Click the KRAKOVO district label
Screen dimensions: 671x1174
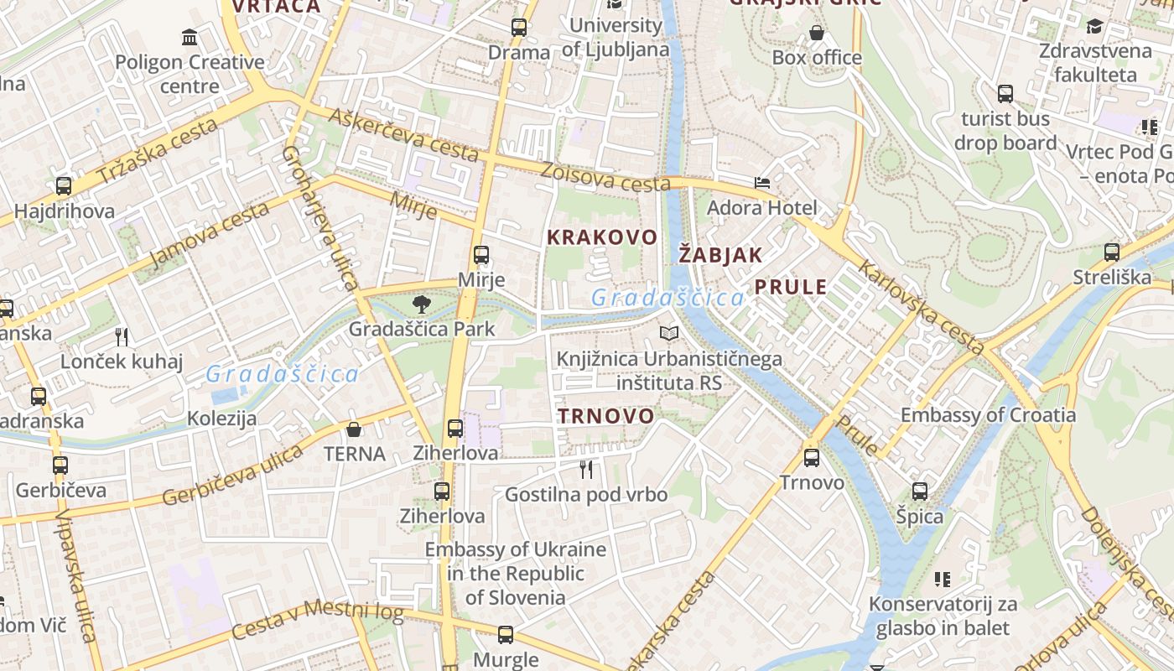[x=602, y=237]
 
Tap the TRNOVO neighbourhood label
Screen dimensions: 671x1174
[x=606, y=416]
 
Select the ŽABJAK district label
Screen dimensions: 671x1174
[x=720, y=255]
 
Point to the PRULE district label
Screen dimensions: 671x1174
[x=791, y=287]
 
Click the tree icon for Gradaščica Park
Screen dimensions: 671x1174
[x=422, y=304]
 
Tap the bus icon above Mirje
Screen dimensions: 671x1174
[x=481, y=255]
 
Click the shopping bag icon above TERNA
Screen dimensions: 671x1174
[x=354, y=429]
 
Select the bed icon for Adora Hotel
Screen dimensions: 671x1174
[x=761, y=183]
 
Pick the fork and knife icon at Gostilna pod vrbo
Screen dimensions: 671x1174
[x=586, y=470]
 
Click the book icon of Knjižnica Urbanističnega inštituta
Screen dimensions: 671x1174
[x=669, y=334]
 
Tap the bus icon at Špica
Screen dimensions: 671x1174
[x=920, y=492]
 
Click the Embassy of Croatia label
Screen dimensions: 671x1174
[x=988, y=415]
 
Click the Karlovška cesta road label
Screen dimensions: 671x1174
[x=920, y=306]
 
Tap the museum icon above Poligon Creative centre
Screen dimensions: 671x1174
[x=190, y=38]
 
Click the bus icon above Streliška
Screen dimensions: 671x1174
[x=1112, y=252]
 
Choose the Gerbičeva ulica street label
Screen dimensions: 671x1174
[x=232, y=476]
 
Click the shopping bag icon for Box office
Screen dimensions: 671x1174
[x=817, y=34]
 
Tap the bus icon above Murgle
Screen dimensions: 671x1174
[x=505, y=635]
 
